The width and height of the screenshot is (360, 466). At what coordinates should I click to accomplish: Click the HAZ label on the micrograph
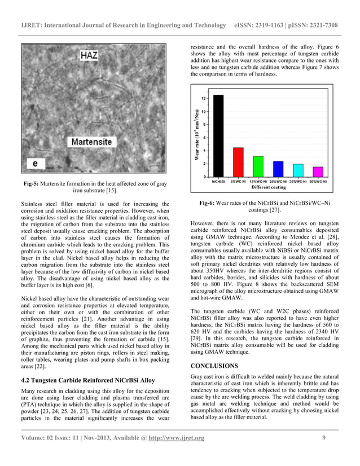point(90,56)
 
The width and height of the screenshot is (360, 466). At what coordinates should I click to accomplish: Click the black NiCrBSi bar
point(218,135)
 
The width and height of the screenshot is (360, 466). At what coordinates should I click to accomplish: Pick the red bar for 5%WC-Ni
point(238,162)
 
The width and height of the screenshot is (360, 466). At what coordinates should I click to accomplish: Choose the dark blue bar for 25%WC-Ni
point(278,169)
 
